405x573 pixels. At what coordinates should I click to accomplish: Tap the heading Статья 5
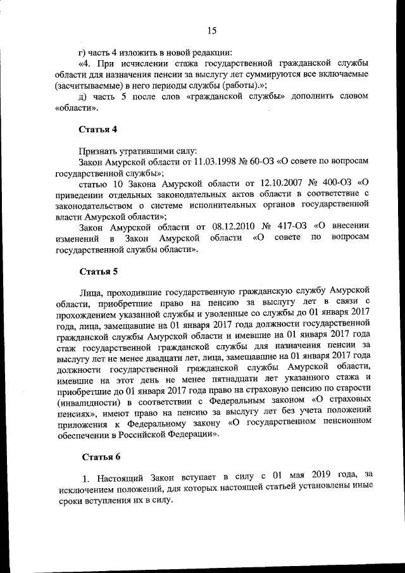(x=98, y=272)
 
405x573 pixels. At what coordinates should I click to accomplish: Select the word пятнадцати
(x=209, y=378)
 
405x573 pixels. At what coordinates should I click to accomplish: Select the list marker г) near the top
(x=81, y=52)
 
